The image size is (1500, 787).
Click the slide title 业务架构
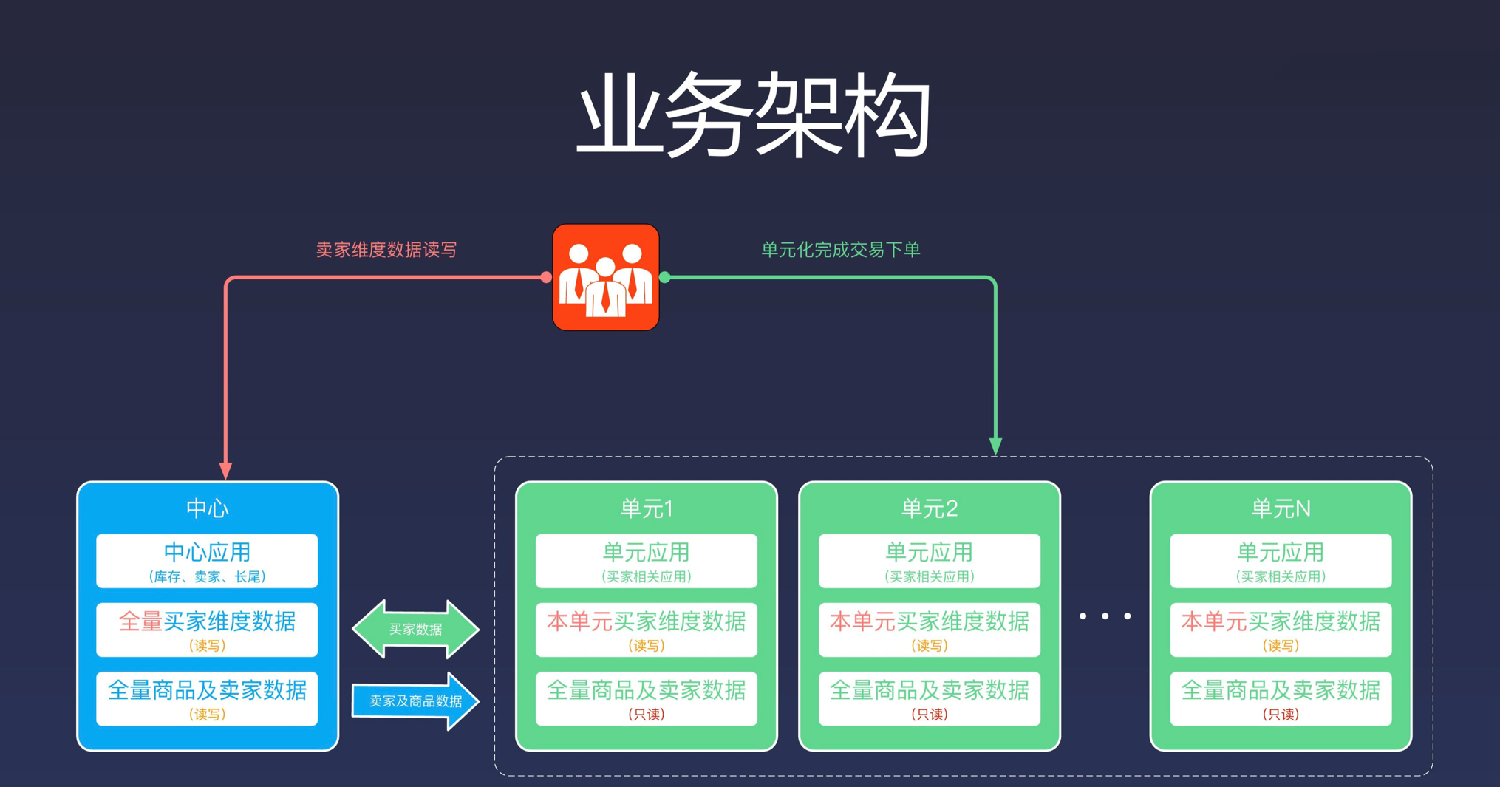[753, 115]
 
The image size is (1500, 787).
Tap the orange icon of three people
[605, 277]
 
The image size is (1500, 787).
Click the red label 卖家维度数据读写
[386, 250]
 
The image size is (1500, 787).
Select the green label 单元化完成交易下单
[840, 250]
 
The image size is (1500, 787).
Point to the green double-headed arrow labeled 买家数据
[415, 629]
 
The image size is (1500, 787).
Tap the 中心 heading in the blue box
[208, 508]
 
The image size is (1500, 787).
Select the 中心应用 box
[207, 561]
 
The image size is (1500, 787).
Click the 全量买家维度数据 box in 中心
[207, 630]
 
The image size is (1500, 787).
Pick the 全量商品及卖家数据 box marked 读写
[207, 698]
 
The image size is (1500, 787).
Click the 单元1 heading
[647, 508]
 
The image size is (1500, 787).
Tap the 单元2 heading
[930, 508]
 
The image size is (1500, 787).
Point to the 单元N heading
[1281, 508]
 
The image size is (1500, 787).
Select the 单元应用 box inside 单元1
[647, 561]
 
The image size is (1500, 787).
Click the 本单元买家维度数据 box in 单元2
[930, 630]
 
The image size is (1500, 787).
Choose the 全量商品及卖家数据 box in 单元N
[1281, 698]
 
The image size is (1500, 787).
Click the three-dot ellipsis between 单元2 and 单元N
[1105, 616]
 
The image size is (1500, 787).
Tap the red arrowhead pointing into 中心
[226, 471]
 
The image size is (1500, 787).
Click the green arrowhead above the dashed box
[995, 446]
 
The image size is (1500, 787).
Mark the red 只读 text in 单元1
[647, 715]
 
